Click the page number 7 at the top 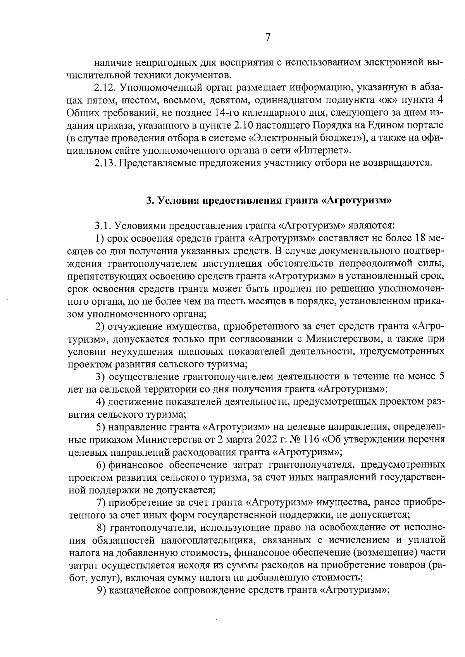(x=267, y=38)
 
